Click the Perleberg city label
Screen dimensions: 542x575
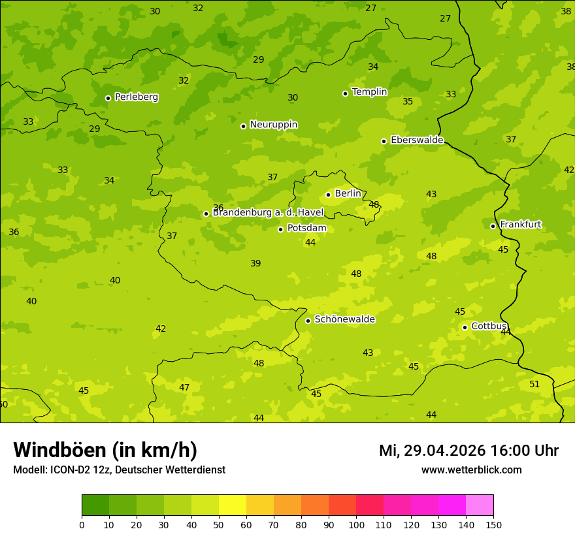136,97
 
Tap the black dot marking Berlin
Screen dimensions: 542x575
328,195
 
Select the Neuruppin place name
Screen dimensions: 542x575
273,125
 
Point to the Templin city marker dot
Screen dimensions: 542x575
345,93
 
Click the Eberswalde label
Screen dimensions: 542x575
417,140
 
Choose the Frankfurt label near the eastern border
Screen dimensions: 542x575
520,225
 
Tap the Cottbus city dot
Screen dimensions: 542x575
465,327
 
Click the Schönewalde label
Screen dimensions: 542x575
344,319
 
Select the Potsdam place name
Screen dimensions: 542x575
306,229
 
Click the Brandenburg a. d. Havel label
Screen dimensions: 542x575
268,213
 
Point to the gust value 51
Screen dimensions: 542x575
534,385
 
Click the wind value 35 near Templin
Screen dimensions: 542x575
408,102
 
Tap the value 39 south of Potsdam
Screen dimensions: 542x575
255,264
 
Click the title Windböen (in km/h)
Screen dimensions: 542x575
105,450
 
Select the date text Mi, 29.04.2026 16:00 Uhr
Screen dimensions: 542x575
468,451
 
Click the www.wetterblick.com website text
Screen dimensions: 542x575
471,470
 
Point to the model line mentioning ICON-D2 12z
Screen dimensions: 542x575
119,470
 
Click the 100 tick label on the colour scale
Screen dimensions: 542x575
356,524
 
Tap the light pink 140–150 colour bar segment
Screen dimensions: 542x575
480,505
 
